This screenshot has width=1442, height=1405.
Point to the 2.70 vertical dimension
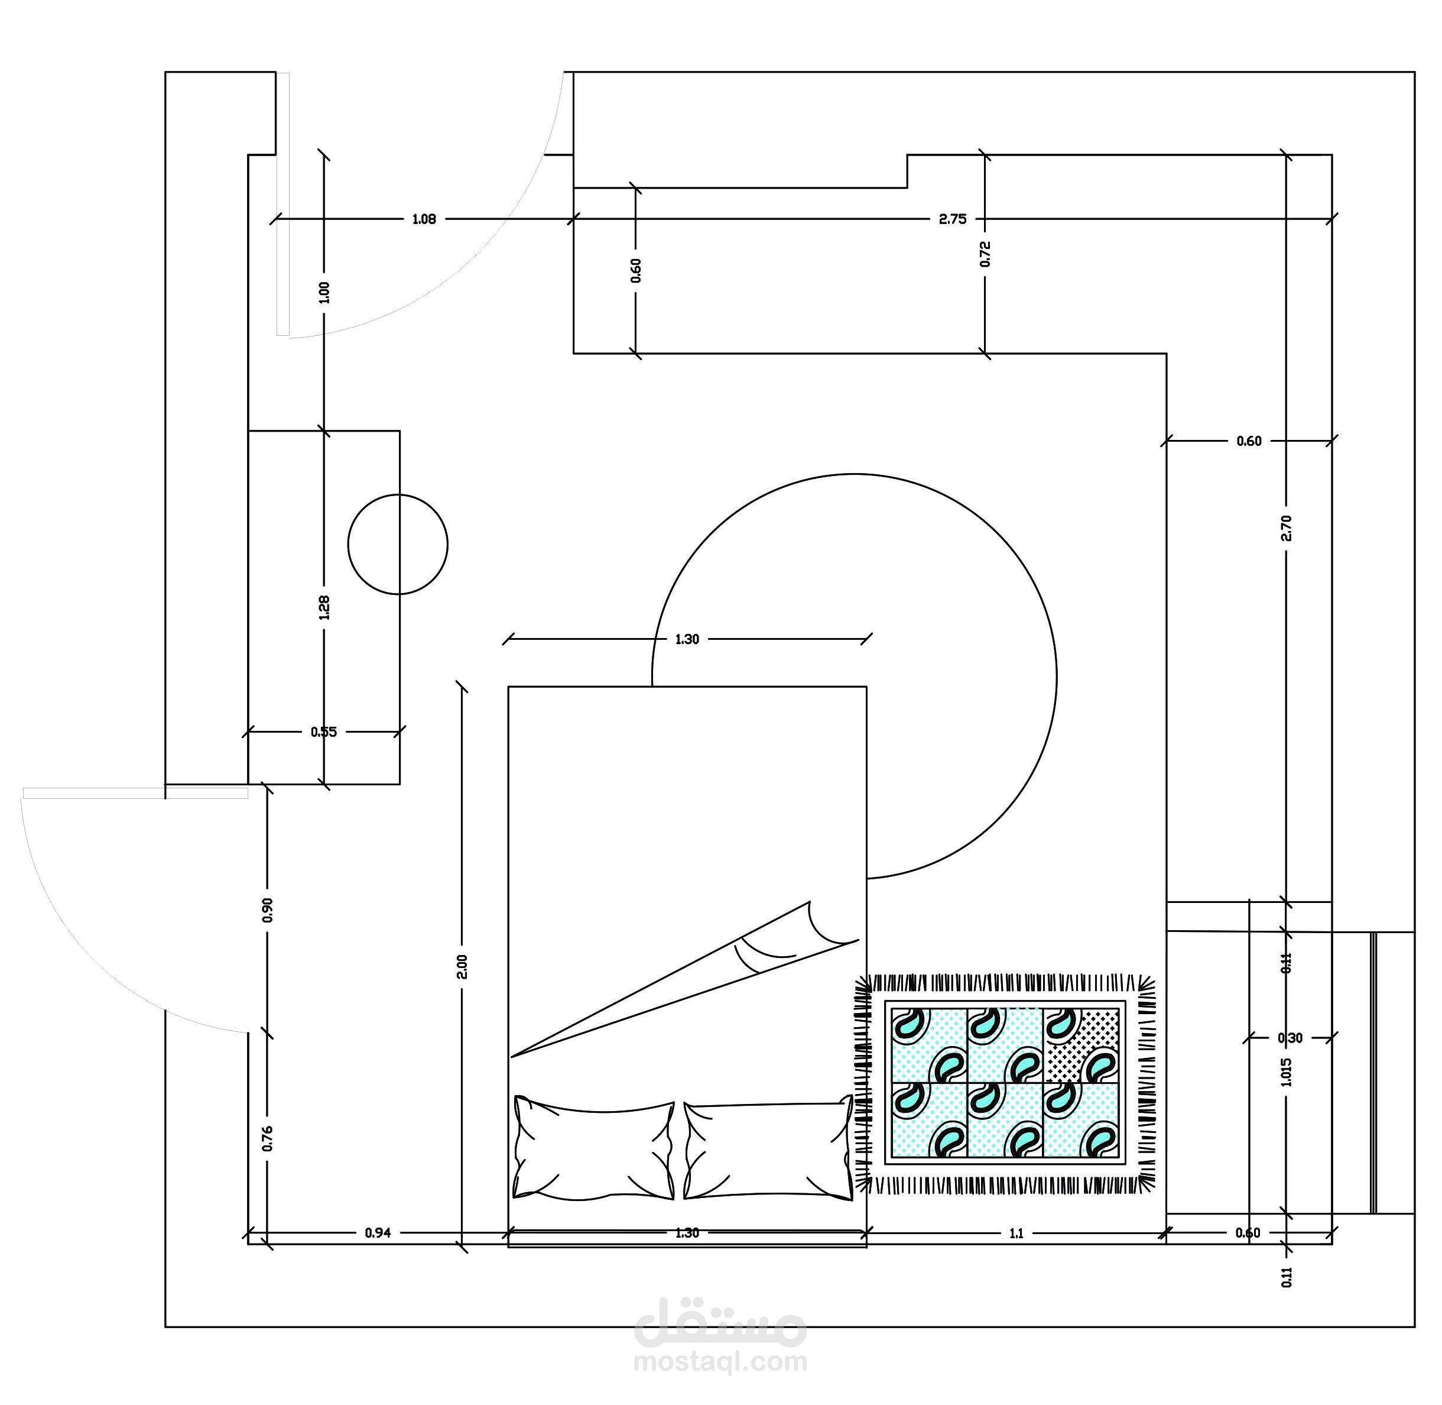(x=1287, y=528)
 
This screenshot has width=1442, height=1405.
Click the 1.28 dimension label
(x=324, y=607)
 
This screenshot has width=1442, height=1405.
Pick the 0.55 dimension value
(x=323, y=732)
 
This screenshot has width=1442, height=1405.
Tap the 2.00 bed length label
(x=463, y=967)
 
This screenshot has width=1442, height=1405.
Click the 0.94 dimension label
(x=378, y=1232)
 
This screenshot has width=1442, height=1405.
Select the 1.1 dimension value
(x=1016, y=1233)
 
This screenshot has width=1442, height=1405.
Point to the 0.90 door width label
(x=268, y=910)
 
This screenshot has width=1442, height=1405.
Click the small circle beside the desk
(x=398, y=544)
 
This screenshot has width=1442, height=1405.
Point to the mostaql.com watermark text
(x=720, y=1361)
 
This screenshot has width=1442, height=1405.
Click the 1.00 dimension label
(x=324, y=292)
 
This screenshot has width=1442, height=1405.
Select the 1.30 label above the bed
(x=687, y=639)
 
